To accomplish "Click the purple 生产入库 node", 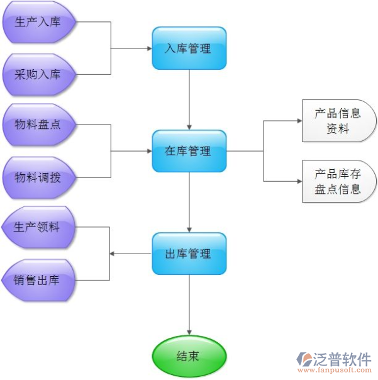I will [x=39, y=23].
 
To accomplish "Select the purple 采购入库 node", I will [x=39, y=74].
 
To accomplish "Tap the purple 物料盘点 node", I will [x=39, y=125].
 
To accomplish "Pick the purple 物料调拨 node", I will [x=39, y=177].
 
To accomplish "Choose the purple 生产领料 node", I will [x=38, y=228].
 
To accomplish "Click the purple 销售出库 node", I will [x=38, y=280].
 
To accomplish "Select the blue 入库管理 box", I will [x=189, y=48].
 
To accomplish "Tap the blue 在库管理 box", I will [x=189, y=151].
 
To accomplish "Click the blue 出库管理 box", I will [x=189, y=254].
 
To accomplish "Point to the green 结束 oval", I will [x=189, y=356].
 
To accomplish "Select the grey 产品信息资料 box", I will [x=338, y=121].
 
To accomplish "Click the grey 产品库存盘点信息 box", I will [x=338, y=181].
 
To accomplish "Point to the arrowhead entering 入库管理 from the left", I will [x=148, y=48].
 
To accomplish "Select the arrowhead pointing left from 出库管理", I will [x=113, y=254].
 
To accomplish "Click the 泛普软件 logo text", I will [x=343, y=359].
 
